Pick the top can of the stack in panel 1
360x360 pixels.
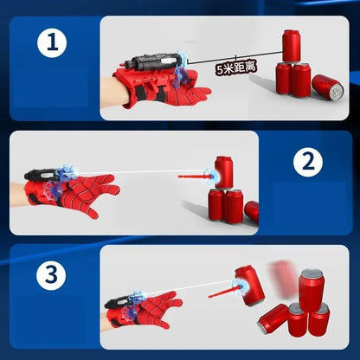coord(292,45)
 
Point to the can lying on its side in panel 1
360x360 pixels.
coord(327,87)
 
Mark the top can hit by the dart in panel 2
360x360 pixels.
coord(225,170)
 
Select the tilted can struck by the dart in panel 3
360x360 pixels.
coord(249,286)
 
